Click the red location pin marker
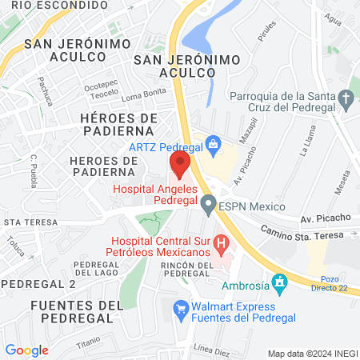tap(180, 165)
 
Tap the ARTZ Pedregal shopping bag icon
tap(213, 145)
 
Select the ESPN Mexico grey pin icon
tap(208, 207)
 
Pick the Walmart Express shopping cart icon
tap(181, 307)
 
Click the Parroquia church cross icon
tap(346, 99)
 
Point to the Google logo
tap(26, 350)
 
